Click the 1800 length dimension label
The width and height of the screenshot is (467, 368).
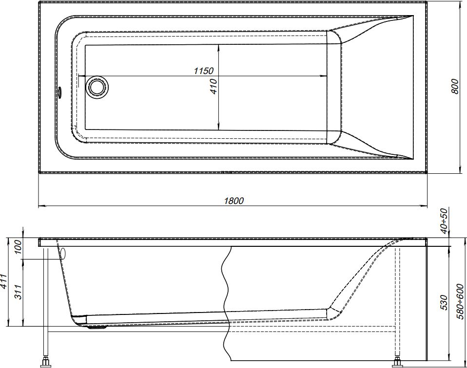pyautogui.click(x=233, y=201)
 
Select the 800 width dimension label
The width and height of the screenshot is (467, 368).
pyautogui.click(x=454, y=86)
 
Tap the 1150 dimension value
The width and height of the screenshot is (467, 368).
pyautogui.click(x=204, y=71)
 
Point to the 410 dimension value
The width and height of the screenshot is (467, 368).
pyautogui.click(x=214, y=86)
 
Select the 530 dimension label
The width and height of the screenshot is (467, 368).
pyautogui.click(x=444, y=302)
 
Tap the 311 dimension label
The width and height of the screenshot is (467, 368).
pyautogui.click(x=19, y=292)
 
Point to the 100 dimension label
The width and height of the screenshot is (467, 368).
pyautogui.click(x=19, y=247)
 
